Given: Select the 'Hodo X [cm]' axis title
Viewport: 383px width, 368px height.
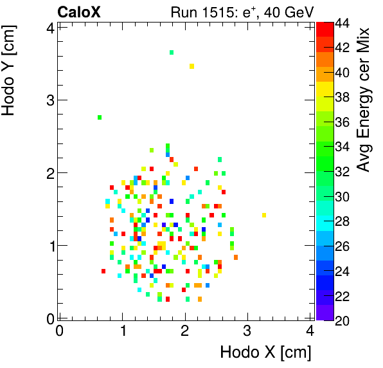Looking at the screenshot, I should coord(265,353).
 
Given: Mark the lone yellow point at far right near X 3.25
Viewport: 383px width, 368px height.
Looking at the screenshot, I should coord(264,215).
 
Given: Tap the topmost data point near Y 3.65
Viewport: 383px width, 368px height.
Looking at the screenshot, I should coord(172,52).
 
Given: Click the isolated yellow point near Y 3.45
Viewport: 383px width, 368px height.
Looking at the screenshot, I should coord(191,66).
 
